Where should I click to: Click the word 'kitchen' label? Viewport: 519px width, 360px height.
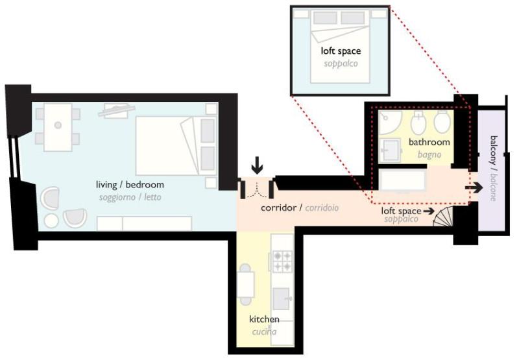click(x=264, y=319)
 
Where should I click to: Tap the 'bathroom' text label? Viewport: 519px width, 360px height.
click(x=429, y=142)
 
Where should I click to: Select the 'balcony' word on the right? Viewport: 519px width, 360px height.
click(x=494, y=150)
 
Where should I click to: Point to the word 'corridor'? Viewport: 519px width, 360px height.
click(x=278, y=208)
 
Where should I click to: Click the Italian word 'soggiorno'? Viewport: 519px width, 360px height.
click(x=117, y=198)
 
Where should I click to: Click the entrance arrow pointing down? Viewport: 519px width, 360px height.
click(x=257, y=165)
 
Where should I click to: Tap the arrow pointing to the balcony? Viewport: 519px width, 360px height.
click(x=474, y=188)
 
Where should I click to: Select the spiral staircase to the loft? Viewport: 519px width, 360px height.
click(x=444, y=216)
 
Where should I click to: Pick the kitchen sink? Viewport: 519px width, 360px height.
click(x=282, y=298)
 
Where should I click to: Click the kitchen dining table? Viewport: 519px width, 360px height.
click(x=246, y=285)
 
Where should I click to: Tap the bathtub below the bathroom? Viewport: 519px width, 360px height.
click(x=403, y=180)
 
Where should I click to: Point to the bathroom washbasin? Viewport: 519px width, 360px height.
click(x=390, y=150)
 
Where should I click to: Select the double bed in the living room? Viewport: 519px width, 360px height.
click(x=176, y=145)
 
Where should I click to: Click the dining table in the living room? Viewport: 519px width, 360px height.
click(x=58, y=127)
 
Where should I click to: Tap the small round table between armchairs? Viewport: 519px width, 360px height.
click(x=51, y=221)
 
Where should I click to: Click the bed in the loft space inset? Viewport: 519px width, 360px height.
click(x=340, y=47)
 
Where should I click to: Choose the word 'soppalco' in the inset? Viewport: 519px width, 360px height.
click(x=341, y=64)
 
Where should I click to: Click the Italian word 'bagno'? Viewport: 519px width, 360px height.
click(x=429, y=154)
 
